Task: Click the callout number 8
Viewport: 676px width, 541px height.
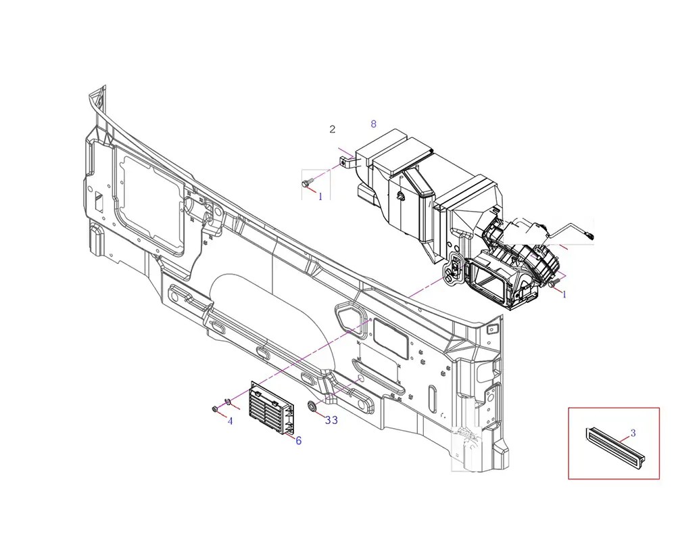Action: (373, 124)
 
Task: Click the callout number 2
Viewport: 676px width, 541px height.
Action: (332, 129)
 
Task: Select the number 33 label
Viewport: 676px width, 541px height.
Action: (331, 420)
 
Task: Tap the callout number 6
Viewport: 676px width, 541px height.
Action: (298, 440)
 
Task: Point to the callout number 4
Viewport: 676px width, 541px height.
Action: (230, 421)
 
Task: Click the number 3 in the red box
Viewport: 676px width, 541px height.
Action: (633, 433)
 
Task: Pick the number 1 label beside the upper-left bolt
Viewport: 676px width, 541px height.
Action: (320, 196)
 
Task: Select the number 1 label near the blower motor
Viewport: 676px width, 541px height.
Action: (564, 295)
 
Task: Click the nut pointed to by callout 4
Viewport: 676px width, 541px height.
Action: (214, 408)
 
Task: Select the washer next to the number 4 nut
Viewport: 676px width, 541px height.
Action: (228, 403)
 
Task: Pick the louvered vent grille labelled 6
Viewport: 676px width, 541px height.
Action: (273, 408)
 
